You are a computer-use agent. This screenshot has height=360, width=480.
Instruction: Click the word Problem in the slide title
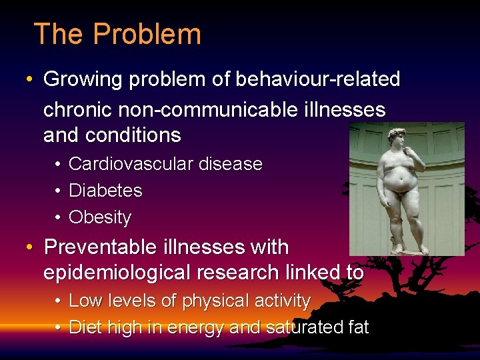point(147,34)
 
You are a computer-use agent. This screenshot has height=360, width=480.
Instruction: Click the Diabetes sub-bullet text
point(105,191)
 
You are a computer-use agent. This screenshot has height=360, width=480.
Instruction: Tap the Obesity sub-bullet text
point(100,217)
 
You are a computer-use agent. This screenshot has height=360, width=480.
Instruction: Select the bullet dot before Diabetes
point(59,191)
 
